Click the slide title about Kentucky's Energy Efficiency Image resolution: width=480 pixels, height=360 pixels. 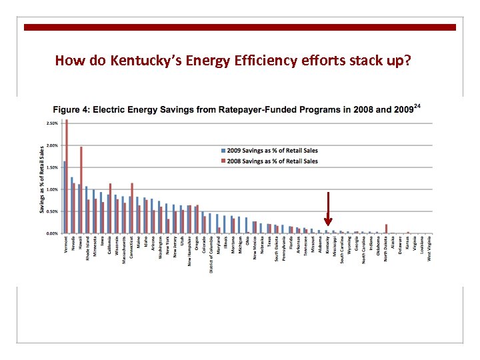click(233, 61)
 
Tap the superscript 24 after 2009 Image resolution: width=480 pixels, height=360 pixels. click(418, 105)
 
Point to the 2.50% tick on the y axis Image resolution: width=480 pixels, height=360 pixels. click(51, 123)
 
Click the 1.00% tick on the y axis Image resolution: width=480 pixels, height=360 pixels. click(51, 189)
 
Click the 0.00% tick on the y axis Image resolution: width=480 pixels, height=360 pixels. click(51, 233)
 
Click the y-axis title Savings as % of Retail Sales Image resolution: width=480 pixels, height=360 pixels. click(42, 180)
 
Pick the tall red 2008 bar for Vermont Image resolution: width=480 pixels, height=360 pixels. click(67, 177)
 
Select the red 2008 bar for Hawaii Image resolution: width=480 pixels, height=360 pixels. click(81, 190)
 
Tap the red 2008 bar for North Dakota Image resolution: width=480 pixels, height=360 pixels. click(386, 229)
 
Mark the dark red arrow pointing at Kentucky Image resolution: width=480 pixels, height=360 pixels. click(328, 209)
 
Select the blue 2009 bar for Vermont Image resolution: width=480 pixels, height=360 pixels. click(64, 197)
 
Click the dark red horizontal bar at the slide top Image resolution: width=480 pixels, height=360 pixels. click(240, 27)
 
